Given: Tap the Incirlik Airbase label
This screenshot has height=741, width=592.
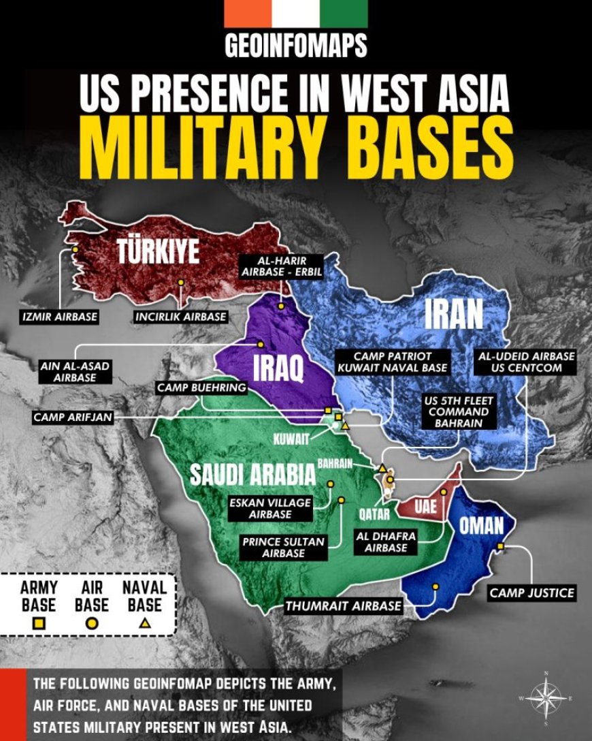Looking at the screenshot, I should pyautogui.click(x=180, y=317).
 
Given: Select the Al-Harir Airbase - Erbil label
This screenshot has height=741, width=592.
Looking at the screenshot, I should pyautogui.click(x=280, y=266).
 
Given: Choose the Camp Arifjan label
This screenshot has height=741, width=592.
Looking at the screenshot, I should pyautogui.click(x=73, y=416).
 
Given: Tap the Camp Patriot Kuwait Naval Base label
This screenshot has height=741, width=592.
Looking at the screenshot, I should pyautogui.click(x=392, y=362).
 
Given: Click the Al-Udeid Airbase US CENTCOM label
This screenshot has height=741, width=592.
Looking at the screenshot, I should pyautogui.click(x=526, y=362).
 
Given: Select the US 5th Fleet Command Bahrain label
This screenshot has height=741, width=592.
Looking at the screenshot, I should pyautogui.click(x=459, y=411).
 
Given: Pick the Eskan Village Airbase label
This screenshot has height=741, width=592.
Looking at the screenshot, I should pyautogui.click(x=269, y=508).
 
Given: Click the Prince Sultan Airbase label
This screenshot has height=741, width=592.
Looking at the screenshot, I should pyautogui.click(x=283, y=547).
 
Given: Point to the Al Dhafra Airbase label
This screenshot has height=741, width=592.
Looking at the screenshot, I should pyautogui.click(x=386, y=541).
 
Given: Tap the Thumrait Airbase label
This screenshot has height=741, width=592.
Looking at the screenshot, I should pyautogui.click(x=344, y=605).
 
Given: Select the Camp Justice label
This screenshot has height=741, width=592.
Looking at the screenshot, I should pyautogui.click(x=531, y=593).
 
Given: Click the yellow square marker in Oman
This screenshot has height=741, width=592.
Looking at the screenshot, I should pyautogui.click(x=500, y=546).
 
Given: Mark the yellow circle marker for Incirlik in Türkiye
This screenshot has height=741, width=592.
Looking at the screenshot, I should pyautogui.click(x=180, y=282).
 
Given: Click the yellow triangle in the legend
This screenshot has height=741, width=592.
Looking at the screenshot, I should pyautogui.click(x=144, y=622).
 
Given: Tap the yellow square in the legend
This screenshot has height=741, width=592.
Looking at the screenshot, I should pyautogui.click(x=39, y=622).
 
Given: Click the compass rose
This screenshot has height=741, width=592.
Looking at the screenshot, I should pyautogui.click(x=546, y=699).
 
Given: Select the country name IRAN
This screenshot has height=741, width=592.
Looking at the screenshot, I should pyautogui.click(x=453, y=314).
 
